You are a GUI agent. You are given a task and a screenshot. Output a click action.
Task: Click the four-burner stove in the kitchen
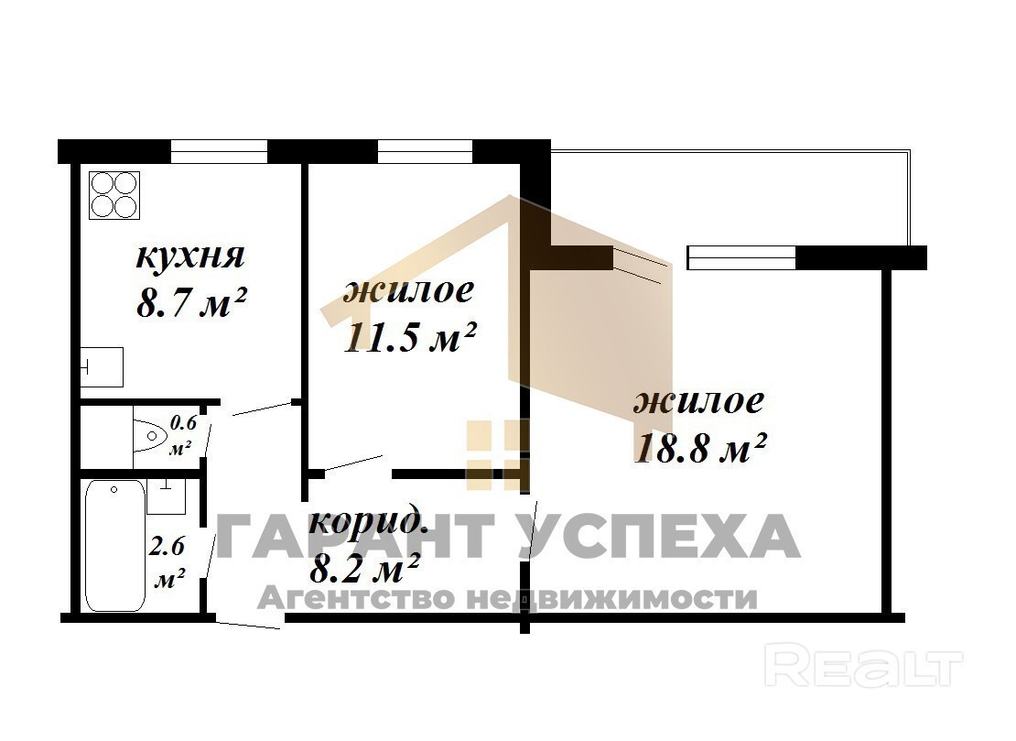[x=114, y=195]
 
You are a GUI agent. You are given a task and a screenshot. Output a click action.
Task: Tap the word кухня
[x=190, y=256]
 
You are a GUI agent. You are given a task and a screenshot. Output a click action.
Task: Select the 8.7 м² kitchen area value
[x=192, y=302]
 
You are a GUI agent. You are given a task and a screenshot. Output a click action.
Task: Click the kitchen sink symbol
[x=102, y=367]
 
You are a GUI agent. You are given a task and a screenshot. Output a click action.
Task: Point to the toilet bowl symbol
[x=150, y=434]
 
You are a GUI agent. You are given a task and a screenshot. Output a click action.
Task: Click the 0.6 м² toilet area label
[x=181, y=435]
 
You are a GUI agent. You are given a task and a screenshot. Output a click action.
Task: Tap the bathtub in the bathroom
[x=115, y=545]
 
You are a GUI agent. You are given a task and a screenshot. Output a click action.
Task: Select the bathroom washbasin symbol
[x=167, y=496]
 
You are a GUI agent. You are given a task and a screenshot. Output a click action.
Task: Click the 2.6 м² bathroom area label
[x=168, y=561]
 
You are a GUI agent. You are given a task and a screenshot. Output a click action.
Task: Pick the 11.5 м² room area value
[x=409, y=337]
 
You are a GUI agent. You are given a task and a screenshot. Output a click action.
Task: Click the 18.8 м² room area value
[x=700, y=448]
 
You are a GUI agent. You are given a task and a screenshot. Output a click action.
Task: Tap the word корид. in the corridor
[x=367, y=521]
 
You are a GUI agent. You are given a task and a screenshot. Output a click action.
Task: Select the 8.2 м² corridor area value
[x=365, y=569]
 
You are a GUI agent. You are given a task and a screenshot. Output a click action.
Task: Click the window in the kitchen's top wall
[x=219, y=152]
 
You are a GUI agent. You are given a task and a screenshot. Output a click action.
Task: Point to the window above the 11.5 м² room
[x=425, y=152]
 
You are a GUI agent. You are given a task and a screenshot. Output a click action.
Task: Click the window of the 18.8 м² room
[x=741, y=257]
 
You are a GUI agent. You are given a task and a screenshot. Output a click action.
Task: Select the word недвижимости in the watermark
[x=611, y=598]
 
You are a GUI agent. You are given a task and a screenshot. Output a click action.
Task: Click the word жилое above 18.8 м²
[x=698, y=401]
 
